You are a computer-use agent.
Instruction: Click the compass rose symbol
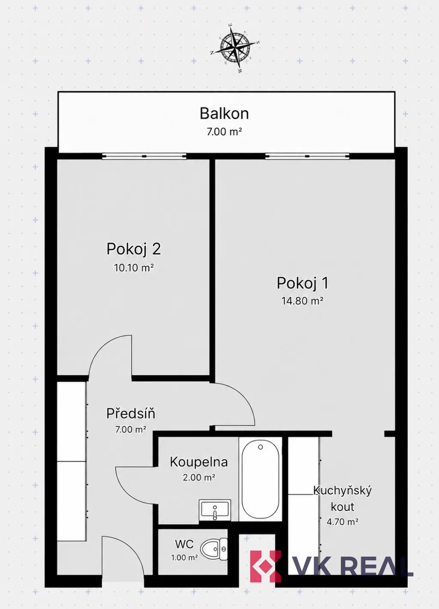(235, 49)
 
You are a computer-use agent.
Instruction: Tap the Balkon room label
(224, 114)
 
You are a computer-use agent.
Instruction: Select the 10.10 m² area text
(134, 268)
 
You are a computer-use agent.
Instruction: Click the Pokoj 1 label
(303, 283)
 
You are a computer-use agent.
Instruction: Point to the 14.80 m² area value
(303, 301)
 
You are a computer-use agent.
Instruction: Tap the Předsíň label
(131, 413)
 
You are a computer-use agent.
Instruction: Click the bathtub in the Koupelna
(260, 479)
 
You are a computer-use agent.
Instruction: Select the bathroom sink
(215, 510)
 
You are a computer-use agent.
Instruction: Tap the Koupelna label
(199, 462)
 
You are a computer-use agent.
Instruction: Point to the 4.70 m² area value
(343, 522)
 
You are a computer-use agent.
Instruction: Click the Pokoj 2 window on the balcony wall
(144, 156)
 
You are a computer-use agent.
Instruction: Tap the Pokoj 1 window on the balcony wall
(307, 156)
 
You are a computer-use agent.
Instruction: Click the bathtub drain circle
(260, 447)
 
